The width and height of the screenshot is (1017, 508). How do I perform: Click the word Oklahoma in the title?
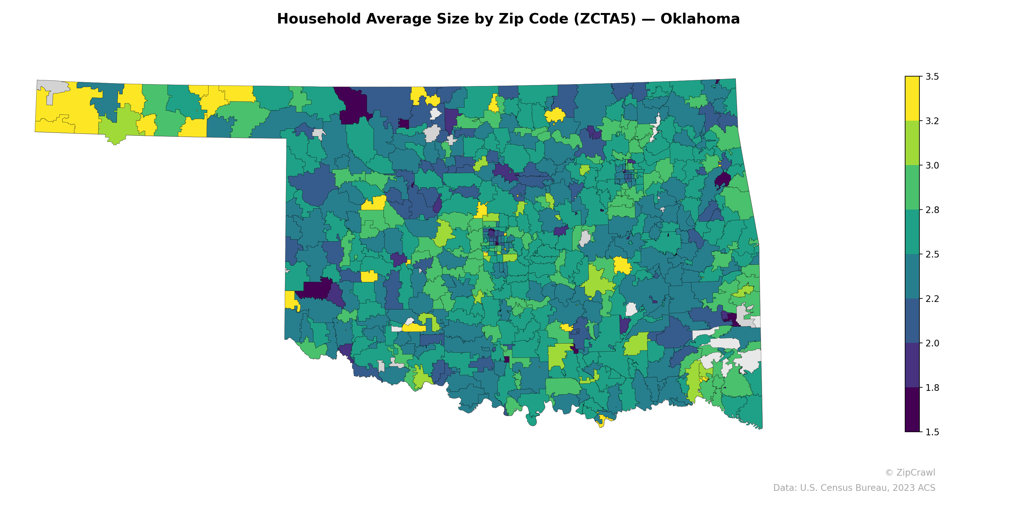[x=700, y=19]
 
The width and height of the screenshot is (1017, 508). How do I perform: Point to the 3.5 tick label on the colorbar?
[x=932, y=77]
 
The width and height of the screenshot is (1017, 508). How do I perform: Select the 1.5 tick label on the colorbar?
[x=932, y=432]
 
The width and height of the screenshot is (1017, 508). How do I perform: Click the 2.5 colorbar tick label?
[x=932, y=254]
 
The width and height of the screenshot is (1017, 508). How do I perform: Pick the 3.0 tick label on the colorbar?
[x=932, y=166]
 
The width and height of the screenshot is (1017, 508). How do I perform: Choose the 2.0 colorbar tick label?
[x=932, y=343]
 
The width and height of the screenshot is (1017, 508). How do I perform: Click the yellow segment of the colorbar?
[x=912, y=99]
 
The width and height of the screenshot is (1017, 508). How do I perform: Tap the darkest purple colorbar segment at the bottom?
[x=912, y=410]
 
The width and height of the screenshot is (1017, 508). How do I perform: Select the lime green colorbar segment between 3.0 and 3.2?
[x=912, y=143]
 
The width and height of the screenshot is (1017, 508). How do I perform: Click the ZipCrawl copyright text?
[x=910, y=472]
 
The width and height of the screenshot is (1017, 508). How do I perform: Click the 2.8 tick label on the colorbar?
[x=932, y=210]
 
